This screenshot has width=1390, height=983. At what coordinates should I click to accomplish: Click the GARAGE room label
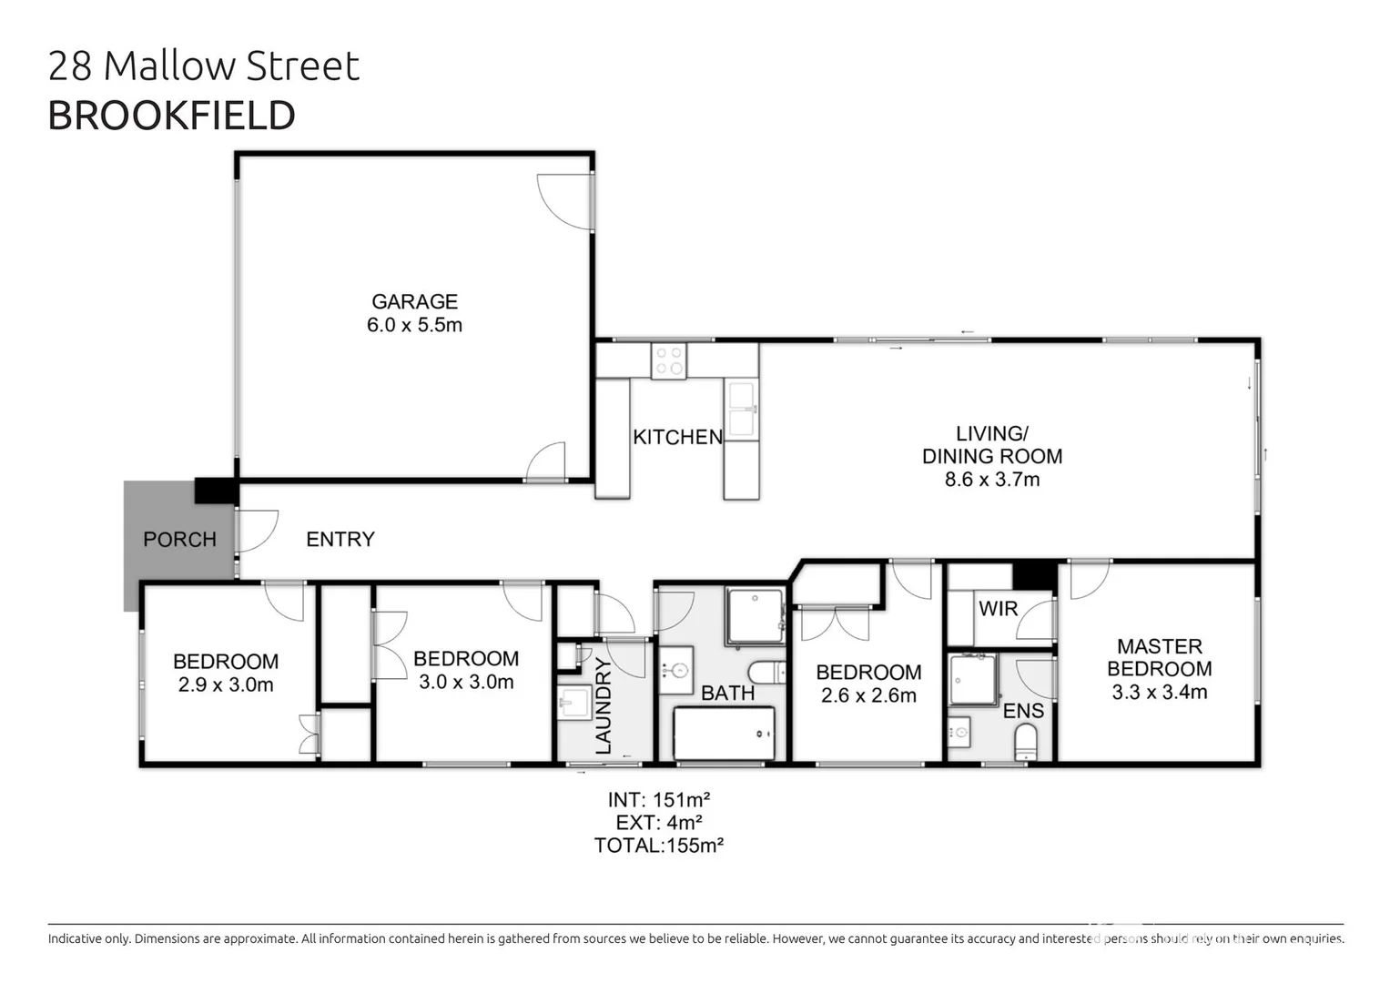pyautogui.click(x=414, y=301)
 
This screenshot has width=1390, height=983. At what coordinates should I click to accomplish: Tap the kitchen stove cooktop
pyautogui.click(x=669, y=360)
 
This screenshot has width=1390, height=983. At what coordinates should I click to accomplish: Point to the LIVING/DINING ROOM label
pyautogui.click(x=991, y=445)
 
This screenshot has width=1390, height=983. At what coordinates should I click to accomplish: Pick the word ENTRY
pyautogui.click(x=340, y=540)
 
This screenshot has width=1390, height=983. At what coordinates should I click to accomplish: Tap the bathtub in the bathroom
pyautogui.click(x=724, y=733)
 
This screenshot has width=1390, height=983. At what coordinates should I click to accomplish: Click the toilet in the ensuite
pyautogui.click(x=1026, y=742)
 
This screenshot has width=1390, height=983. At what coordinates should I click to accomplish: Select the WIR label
pyautogui.click(x=998, y=609)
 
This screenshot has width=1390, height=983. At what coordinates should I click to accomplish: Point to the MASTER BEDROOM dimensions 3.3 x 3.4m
pyautogui.click(x=1159, y=692)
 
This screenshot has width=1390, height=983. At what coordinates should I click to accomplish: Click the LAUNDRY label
pyautogui.click(x=603, y=707)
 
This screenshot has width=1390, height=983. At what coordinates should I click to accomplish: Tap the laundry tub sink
pyautogui.click(x=574, y=702)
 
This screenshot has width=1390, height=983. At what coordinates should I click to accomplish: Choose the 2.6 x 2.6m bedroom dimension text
pyautogui.click(x=867, y=695)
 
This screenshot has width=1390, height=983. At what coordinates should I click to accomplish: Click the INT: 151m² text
pyautogui.click(x=658, y=800)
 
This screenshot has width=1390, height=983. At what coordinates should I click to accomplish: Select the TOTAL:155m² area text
pyautogui.click(x=658, y=846)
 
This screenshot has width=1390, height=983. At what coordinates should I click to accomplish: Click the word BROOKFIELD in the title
pyautogui.click(x=171, y=116)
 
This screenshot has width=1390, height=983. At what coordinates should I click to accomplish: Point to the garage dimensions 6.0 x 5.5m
pyautogui.click(x=414, y=325)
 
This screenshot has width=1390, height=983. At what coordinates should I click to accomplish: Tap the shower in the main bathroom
pyautogui.click(x=755, y=616)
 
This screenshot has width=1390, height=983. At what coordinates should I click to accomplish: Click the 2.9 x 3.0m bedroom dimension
pyautogui.click(x=226, y=684)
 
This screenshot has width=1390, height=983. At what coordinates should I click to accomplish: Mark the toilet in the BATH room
pyautogui.click(x=768, y=673)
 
